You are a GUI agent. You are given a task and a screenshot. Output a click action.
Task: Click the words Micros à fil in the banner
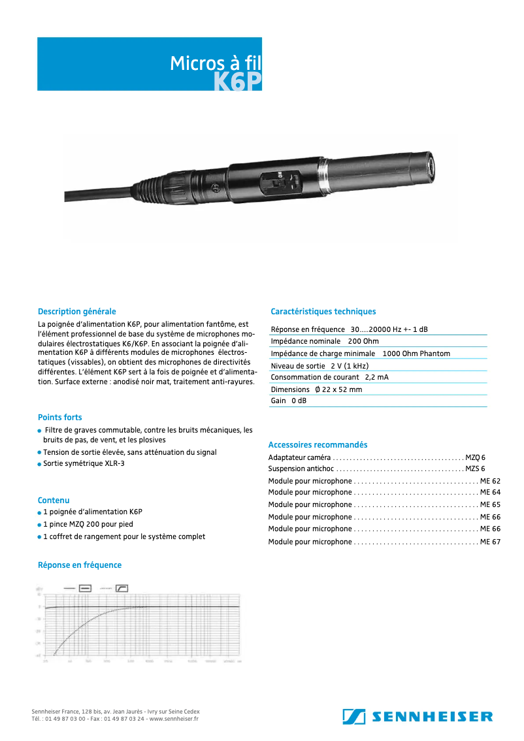coord(215,63)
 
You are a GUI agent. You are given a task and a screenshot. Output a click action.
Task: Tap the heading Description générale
coord(76,312)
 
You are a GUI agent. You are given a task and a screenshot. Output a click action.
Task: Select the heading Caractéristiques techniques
coord(323,312)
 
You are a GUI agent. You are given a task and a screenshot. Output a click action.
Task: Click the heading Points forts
coord(59,417)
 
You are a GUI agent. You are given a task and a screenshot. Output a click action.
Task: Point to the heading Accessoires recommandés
coord(318,444)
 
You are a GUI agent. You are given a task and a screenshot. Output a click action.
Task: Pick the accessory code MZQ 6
coord(475,457)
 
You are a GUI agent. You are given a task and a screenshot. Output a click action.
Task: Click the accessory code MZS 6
coord(475,469)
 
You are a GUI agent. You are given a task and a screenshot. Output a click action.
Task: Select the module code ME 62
coord(490,481)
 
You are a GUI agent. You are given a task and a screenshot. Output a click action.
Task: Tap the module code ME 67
coord(490,542)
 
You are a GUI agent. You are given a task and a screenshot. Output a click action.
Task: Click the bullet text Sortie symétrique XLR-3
coord(84,463)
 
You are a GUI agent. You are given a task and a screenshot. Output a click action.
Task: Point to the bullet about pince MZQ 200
coord(88,524)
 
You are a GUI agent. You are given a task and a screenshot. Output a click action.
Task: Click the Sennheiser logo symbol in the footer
coord(353,716)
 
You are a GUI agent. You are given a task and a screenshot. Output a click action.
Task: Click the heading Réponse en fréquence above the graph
coord(79,565)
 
